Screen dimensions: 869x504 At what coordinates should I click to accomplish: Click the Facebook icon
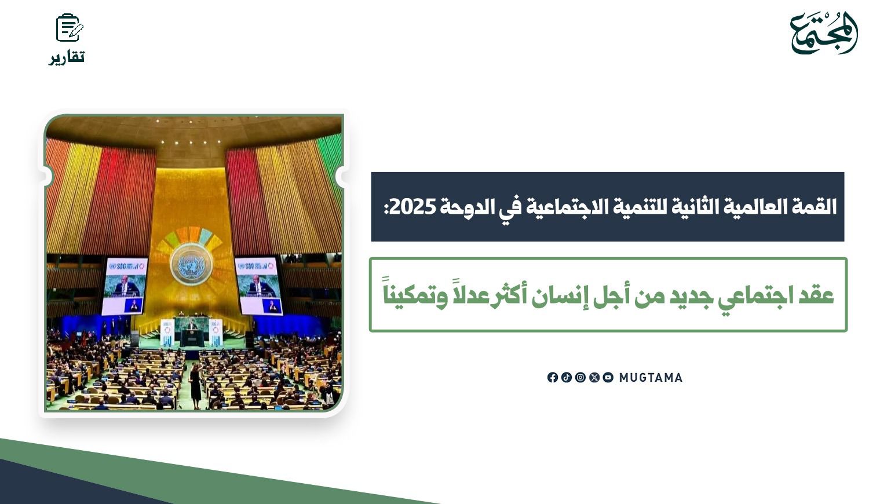553,378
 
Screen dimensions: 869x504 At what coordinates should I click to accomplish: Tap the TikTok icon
567,378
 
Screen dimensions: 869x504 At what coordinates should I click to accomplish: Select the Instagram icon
580,378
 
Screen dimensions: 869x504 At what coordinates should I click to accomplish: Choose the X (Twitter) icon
594,378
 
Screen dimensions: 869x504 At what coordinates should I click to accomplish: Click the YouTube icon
608,378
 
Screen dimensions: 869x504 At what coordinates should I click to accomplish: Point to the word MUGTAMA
651,378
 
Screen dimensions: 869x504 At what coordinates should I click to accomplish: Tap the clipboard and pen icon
70,28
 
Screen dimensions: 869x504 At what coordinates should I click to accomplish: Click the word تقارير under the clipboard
67,57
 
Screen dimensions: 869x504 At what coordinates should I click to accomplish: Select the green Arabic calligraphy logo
823,32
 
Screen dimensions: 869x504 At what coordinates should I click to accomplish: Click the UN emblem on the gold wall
191,265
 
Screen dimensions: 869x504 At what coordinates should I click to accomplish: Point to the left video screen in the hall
125,286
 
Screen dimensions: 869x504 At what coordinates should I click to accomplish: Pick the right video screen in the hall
258,286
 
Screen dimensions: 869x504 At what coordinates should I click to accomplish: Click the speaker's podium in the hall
192,337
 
